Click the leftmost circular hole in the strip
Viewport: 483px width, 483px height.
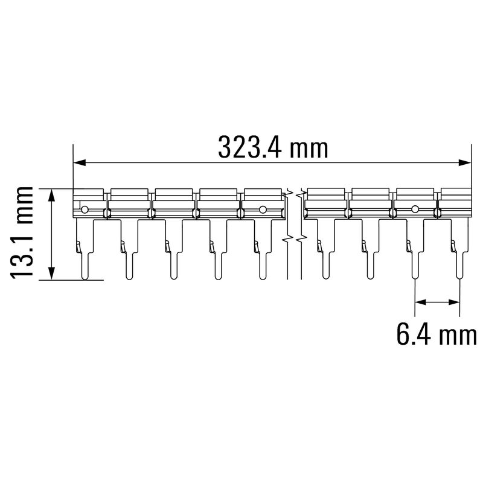[x=85, y=210]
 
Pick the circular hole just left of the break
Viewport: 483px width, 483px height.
[x=263, y=210]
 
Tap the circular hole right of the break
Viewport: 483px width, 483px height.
[x=415, y=210]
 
